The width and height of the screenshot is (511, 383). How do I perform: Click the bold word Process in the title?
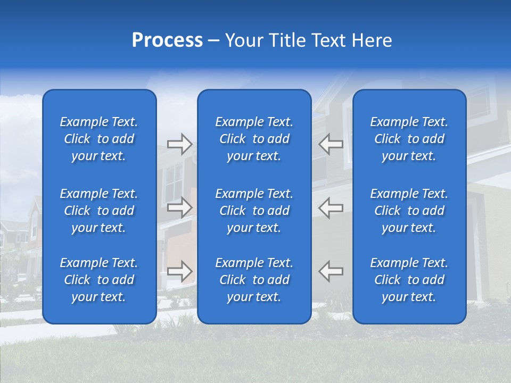(167, 40)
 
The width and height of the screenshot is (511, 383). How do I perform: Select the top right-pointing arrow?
(180, 144)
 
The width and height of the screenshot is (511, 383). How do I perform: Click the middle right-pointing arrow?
(180, 207)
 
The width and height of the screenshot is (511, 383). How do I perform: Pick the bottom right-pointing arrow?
(180, 271)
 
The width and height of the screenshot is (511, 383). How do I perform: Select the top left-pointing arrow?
(331, 144)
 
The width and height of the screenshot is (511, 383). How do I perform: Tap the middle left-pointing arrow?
(331, 207)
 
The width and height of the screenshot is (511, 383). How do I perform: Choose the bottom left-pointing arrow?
(331, 271)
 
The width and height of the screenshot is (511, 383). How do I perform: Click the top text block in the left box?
(99, 139)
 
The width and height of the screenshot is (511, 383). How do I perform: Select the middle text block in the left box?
(99, 211)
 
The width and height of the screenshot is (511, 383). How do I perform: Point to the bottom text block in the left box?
(99, 280)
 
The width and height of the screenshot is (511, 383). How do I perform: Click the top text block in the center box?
(254, 139)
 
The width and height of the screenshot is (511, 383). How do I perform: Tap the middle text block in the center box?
(254, 211)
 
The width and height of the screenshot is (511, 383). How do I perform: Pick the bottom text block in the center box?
(254, 280)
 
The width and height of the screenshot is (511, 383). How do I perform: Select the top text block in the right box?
(409, 139)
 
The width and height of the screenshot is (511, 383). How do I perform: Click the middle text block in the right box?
(409, 211)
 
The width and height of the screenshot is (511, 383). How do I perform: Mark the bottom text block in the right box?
(409, 280)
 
